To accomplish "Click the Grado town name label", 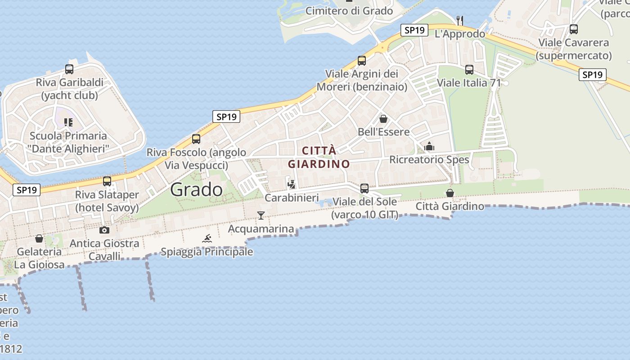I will (196, 189).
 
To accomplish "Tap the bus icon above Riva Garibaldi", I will (69, 69).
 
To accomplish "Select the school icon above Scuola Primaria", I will (68, 122).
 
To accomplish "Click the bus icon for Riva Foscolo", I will (196, 139).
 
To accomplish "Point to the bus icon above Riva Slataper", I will (107, 181).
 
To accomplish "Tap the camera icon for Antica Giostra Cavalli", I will (104, 230).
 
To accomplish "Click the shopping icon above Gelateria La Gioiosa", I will (39, 238).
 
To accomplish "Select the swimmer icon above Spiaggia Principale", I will (207, 238).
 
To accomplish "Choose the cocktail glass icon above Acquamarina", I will (261, 216).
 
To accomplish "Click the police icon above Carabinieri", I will (292, 184).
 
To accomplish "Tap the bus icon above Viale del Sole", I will (364, 188).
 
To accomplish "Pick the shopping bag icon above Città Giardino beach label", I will (450, 193).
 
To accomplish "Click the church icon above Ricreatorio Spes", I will (429, 146).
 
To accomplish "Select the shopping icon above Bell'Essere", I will (383, 119).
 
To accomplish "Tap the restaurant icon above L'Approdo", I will (459, 21).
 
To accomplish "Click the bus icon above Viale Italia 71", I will (469, 69).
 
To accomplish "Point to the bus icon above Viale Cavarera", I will (574, 29).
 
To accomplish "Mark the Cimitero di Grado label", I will (349, 11).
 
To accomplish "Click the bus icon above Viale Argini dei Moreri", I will (362, 60).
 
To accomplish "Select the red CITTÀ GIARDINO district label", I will (319, 157).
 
